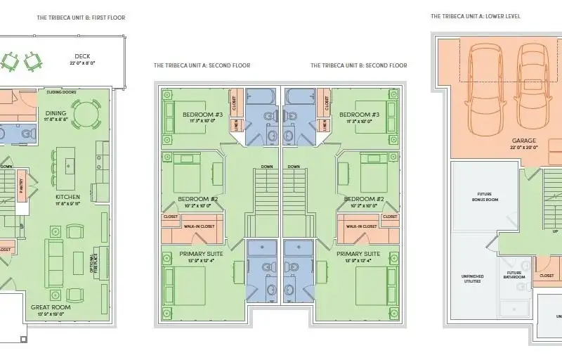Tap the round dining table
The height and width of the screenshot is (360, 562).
(86, 113)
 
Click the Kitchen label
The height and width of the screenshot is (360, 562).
(68, 197)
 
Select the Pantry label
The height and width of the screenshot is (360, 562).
(21, 186)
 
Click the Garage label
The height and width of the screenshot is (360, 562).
(525, 141)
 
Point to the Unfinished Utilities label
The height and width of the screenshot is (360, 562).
(472, 278)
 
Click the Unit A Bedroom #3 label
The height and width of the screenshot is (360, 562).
(203, 115)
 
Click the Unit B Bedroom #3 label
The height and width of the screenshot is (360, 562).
(359, 115)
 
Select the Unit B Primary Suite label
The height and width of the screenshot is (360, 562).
(358, 254)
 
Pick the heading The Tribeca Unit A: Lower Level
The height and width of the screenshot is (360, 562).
(476, 16)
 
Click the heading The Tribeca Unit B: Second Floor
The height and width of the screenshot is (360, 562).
(359, 65)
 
